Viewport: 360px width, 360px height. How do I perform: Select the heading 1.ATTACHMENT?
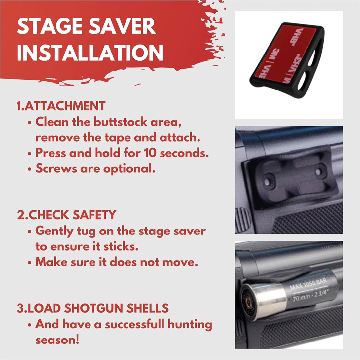coord(61,106)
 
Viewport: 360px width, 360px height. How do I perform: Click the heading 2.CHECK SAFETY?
coord(66,215)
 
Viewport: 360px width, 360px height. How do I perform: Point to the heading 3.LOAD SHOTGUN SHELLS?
coord(92,308)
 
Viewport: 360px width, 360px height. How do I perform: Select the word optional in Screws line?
coord(129,169)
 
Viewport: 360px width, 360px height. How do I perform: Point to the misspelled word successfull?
coord(134,324)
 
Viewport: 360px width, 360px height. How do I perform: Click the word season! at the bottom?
coord(57,340)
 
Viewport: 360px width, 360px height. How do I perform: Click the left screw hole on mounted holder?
coord(267,182)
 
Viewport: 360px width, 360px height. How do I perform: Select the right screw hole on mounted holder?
coord(318,171)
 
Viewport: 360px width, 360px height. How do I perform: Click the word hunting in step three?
coord(190,325)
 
